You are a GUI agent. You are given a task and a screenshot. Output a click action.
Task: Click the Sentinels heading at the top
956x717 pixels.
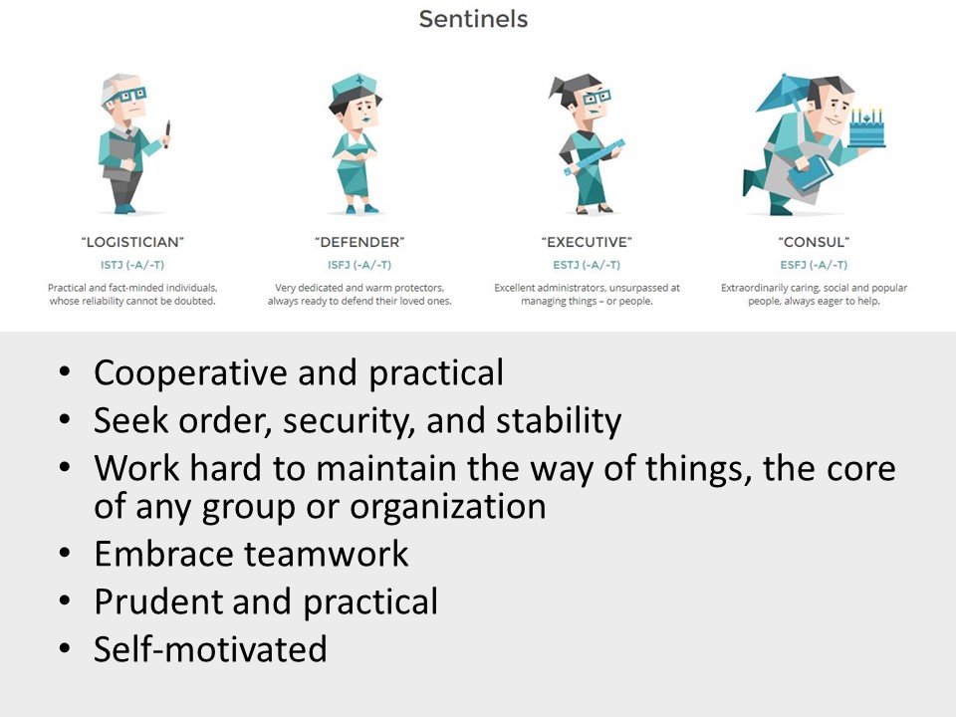coord(473,19)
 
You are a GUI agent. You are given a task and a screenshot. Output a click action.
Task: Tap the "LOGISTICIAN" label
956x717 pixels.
coord(132,242)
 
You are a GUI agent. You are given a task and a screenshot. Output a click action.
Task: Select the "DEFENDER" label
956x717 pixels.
coord(359,242)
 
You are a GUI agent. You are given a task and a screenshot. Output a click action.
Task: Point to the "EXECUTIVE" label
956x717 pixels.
coord(587,242)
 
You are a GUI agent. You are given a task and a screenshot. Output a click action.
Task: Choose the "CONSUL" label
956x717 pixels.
coord(814,242)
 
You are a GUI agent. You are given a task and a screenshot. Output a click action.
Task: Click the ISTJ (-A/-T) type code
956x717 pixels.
coord(132,265)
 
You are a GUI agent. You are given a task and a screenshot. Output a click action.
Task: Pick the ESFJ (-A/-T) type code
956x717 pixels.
coord(814,265)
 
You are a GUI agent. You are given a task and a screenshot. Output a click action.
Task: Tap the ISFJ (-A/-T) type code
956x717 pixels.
coord(359,265)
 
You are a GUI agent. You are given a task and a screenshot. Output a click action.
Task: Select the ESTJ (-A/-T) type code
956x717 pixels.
coord(587,265)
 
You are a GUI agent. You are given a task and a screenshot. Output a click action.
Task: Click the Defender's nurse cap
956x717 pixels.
coord(355,88)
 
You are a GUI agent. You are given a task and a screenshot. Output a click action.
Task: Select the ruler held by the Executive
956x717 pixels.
coord(595,157)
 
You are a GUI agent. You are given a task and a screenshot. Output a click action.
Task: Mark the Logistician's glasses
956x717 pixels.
coord(130,96)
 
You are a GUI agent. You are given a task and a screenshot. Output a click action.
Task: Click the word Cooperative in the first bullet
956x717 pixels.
coord(190,373)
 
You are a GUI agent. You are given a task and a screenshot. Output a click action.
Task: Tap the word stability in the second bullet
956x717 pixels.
coord(559,421)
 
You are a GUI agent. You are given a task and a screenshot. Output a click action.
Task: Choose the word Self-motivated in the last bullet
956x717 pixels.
coord(210,649)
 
